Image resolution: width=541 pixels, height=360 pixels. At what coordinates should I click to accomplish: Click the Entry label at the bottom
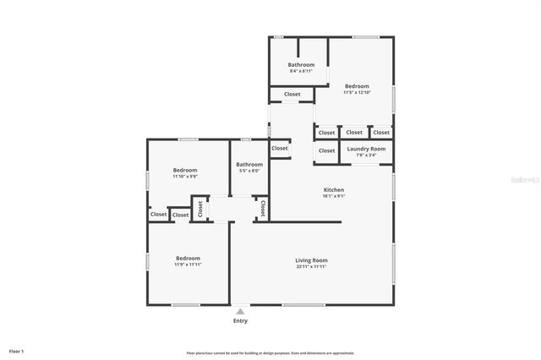pyautogui.click(x=240, y=321)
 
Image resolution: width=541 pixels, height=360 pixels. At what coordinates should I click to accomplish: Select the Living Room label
pyautogui.click(x=311, y=259)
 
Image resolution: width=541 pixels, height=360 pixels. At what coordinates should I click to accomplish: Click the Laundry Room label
pyautogui.click(x=366, y=149)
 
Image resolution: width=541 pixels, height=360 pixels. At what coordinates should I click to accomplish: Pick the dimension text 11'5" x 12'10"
pyautogui.click(x=356, y=92)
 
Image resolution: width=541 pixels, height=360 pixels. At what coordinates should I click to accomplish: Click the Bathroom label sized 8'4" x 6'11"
pyautogui.click(x=301, y=65)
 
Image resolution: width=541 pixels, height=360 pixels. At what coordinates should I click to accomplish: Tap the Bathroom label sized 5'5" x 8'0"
pyautogui.click(x=249, y=165)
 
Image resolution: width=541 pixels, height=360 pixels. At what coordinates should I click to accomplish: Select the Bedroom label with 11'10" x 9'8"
pyautogui.click(x=185, y=170)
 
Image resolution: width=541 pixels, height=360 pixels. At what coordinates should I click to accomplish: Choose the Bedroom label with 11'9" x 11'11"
pyautogui.click(x=188, y=258)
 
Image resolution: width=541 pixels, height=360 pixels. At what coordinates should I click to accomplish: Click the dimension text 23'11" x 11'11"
pyautogui.click(x=311, y=266)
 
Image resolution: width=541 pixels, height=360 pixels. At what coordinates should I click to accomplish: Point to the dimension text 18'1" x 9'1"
pyautogui.click(x=333, y=196)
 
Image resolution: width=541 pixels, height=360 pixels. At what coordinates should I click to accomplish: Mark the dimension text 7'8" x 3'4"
pyautogui.click(x=366, y=155)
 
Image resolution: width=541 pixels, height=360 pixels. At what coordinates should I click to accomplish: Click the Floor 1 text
pyautogui.click(x=17, y=350)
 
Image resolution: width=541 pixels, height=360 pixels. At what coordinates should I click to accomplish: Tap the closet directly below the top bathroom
pyautogui.click(x=292, y=94)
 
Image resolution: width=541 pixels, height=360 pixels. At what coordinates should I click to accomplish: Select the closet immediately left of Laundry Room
pyautogui.click(x=326, y=150)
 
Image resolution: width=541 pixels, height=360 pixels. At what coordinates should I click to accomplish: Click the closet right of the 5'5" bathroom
pyautogui.click(x=280, y=148)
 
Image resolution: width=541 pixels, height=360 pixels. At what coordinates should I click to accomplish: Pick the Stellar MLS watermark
pyautogui.click(x=524, y=180)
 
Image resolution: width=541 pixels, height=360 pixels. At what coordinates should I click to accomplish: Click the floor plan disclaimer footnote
pyautogui.click(x=270, y=352)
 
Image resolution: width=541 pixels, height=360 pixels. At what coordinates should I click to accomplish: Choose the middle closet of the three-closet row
pyautogui.click(x=354, y=132)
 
